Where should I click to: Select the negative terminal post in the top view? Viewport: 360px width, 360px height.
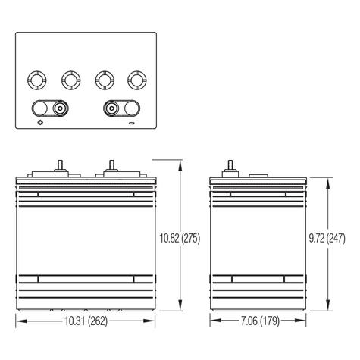pos(111,108)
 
